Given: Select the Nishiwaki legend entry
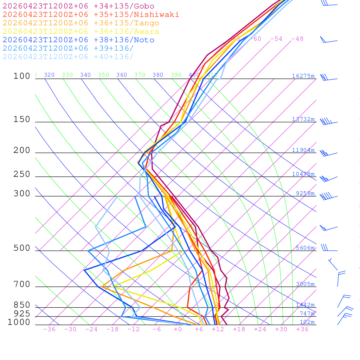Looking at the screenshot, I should [91, 14].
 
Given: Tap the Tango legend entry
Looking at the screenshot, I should [81, 23].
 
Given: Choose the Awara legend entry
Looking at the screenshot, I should [81, 32].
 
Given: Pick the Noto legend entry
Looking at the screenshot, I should [78, 40].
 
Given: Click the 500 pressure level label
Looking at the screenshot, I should [22, 248].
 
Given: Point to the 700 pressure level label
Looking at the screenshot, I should [22, 284].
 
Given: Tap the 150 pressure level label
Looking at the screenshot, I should [22, 120].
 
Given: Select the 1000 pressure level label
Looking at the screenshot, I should [19, 322].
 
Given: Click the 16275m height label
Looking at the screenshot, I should [303, 76].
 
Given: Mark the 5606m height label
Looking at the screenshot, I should [305, 248].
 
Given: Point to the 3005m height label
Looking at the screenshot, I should [305, 284].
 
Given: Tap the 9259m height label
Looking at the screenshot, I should [305, 193].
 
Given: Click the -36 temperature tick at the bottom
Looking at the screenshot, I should [49, 329].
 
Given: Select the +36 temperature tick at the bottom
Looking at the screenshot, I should [302, 329].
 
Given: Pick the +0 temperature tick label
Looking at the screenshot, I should [178, 329].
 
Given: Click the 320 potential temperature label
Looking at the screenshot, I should [49, 75].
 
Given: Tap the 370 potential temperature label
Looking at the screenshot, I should [140, 75].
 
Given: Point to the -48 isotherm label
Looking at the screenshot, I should [297, 39].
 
